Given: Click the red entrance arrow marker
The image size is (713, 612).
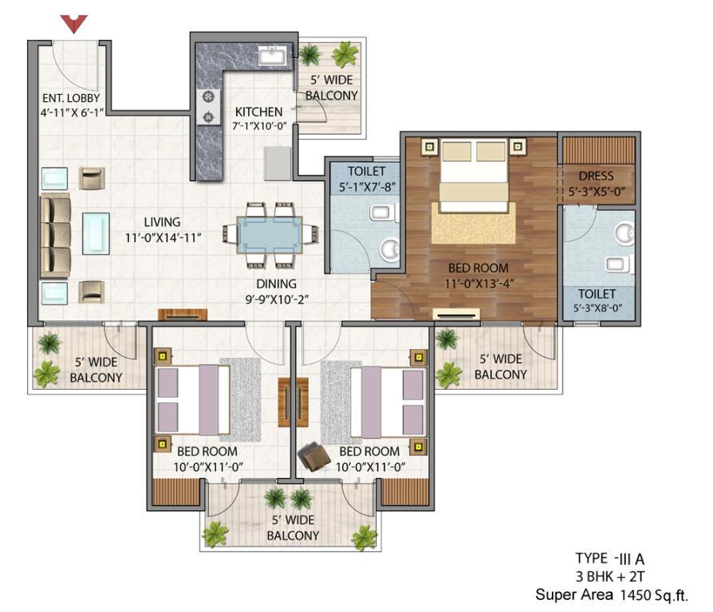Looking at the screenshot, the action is [73, 23].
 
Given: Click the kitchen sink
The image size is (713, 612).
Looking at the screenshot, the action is [272, 57].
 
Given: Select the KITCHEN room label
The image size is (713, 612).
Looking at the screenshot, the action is [258, 112].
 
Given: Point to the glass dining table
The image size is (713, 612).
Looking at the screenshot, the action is [270, 235].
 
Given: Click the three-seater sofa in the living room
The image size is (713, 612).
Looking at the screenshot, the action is [56, 235].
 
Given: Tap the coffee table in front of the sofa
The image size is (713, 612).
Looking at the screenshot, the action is [96, 233].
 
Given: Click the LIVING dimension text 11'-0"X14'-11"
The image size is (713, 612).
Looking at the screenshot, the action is [163, 237].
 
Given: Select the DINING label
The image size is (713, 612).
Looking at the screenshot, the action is [277, 284].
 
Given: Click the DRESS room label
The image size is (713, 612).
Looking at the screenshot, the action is [596, 176].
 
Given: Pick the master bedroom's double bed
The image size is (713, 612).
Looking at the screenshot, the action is [474, 175].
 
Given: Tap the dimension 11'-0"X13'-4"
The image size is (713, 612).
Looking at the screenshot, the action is [479, 284].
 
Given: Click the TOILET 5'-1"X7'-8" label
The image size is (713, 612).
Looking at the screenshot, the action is [367, 179].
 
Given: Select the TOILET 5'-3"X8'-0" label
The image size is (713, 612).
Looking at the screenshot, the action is [597, 300].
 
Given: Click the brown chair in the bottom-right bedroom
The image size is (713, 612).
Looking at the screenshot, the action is [313, 456].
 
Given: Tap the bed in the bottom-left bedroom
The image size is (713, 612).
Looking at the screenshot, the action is [192, 400].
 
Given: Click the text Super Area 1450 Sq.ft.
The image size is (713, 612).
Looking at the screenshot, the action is [612, 594].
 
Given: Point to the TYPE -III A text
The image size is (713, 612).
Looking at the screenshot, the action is [610, 559].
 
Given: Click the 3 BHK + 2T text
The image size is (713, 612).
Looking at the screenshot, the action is [610, 577].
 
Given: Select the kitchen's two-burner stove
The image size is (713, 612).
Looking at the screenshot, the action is [208, 107].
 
